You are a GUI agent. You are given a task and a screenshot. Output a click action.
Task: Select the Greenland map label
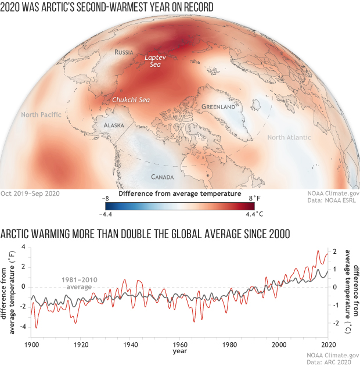click(x=218, y=107)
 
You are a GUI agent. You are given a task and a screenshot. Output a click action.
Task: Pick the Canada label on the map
click(x=163, y=177)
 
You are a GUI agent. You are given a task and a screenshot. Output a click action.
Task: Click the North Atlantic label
click(x=289, y=137)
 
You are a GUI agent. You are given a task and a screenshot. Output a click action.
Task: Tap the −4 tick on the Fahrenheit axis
click(x=23, y=326)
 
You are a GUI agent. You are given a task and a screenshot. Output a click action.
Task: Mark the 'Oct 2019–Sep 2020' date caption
click(x=30, y=193)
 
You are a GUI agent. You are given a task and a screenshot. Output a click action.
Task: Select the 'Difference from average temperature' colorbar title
click(x=180, y=193)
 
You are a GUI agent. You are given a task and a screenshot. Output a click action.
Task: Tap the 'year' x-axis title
click(x=179, y=351)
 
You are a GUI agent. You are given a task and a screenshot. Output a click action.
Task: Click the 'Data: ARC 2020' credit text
click(x=332, y=361)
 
